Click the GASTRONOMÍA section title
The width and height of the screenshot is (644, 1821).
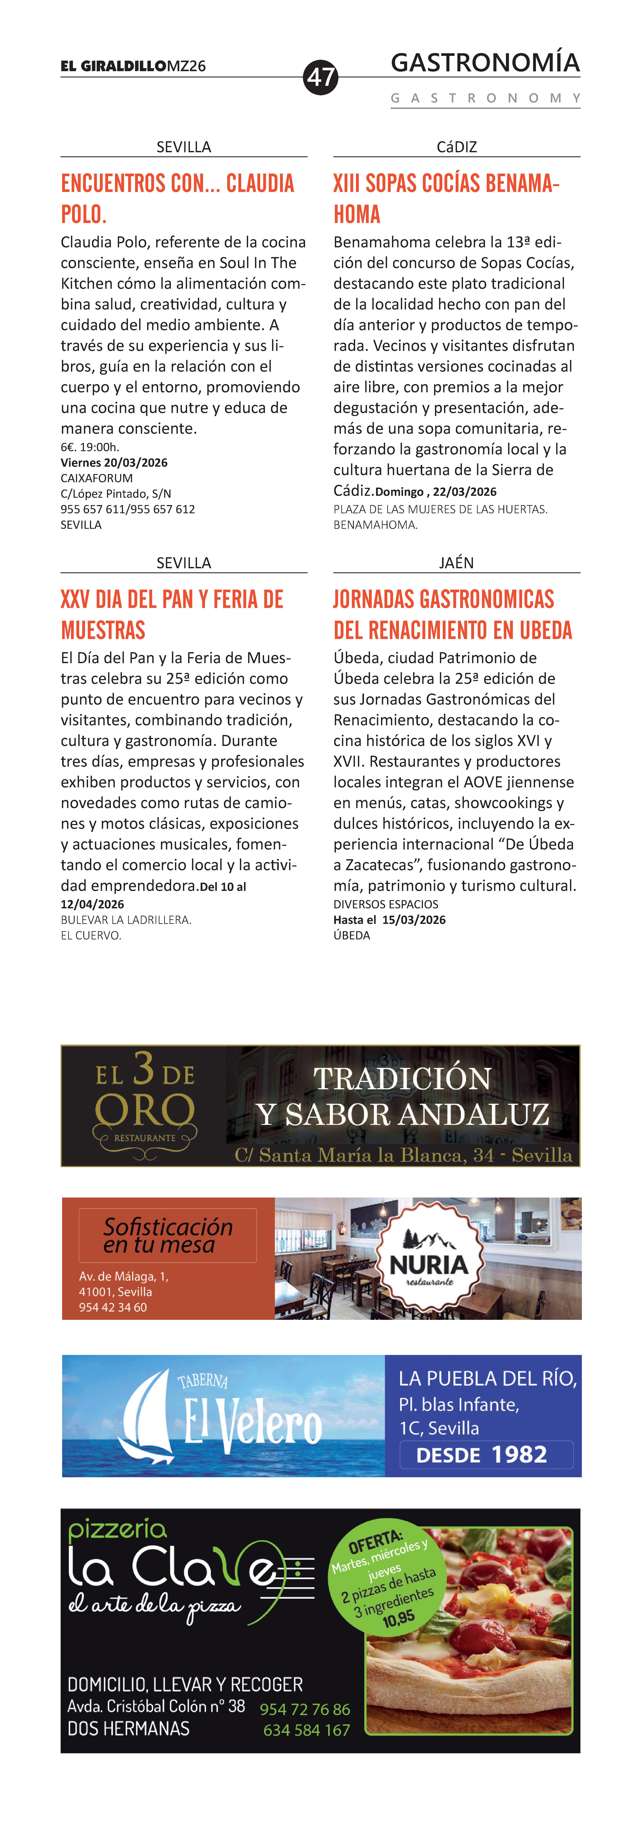click(x=485, y=63)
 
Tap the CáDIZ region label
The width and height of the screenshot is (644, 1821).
click(x=457, y=147)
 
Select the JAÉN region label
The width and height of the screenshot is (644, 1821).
click(x=457, y=563)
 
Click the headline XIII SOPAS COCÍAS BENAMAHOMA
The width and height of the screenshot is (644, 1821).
click(x=447, y=199)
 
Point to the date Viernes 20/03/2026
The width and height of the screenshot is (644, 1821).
click(x=114, y=462)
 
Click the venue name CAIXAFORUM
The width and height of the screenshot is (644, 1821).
click(x=97, y=478)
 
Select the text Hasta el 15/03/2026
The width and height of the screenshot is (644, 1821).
click(x=389, y=920)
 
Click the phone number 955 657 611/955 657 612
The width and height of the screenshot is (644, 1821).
click(x=128, y=509)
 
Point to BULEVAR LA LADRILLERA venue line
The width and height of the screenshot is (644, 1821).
click(x=126, y=920)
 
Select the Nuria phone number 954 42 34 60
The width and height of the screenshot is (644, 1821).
click(x=113, y=1307)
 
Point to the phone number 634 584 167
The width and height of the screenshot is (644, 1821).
click(x=307, y=1730)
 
